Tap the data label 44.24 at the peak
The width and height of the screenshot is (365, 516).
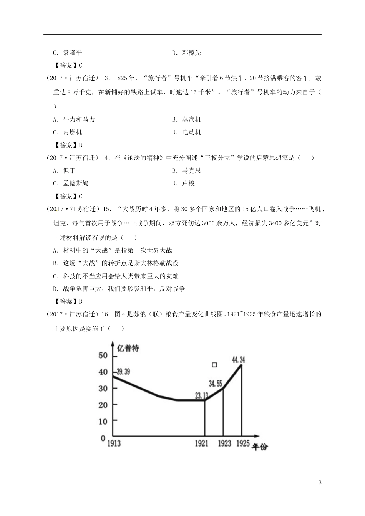pos(238,360)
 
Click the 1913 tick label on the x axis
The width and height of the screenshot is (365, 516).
pos(114,444)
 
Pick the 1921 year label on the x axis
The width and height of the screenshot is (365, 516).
pos(201,443)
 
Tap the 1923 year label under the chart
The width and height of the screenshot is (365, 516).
pos(224,443)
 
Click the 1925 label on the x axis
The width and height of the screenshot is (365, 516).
pos(243,443)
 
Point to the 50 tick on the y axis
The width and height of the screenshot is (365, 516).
pos(103,355)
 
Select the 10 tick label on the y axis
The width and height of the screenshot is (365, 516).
pos(103,421)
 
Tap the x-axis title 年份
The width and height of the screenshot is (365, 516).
pos(260,447)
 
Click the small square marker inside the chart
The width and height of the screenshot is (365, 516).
pos(214,365)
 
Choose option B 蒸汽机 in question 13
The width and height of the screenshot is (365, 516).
pos(187,119)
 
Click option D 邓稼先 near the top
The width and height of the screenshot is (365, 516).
pos(187,53)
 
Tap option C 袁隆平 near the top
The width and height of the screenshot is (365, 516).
pos(68,53)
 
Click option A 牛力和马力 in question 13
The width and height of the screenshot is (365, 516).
pos(74,119)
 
